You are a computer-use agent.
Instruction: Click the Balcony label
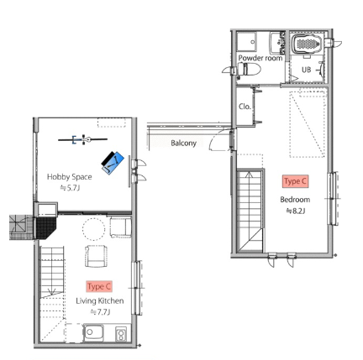click(183, 143)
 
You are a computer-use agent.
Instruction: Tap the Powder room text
click(260, 58)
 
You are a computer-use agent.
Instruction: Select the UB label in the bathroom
click(306, 70)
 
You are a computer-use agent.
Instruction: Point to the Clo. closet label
click(245, 107)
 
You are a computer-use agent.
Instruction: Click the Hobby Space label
click(70, 177)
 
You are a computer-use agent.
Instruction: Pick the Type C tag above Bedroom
click(295, 181)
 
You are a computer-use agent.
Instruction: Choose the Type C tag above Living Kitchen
click(99, 287)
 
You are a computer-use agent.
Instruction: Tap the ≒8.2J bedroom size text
click(296, 211)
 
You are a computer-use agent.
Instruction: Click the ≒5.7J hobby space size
click(70, 188)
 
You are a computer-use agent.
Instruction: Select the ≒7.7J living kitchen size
click(100, 312)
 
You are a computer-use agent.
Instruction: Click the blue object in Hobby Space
click(113, 163)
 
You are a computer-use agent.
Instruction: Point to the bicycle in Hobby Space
click(83, 139)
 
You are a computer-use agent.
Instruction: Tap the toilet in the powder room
click(249, 69)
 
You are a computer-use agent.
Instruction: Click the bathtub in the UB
click(306, 44)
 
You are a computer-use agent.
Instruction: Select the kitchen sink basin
click(93, 332)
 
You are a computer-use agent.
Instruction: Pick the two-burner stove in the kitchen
click(121, 334)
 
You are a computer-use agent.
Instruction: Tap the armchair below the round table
click(96, 256)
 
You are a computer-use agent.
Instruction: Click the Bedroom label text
click(295, 200)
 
